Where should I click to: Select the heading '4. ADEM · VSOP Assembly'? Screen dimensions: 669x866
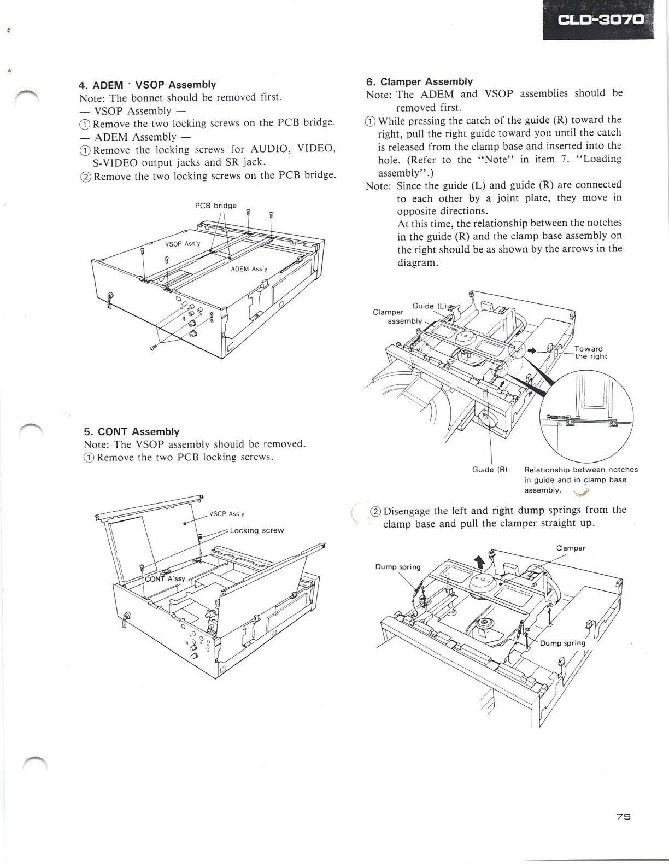[x=148, y=85]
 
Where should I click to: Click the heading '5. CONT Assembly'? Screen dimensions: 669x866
[x=132, y=431]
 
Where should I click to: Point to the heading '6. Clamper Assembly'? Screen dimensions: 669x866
[x=419, y=81]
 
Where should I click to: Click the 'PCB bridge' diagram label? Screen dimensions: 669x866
[x=215, y=206]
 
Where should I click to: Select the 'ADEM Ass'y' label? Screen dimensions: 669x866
[x=249, y=269]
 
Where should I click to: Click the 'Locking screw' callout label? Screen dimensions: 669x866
[x=257, y=530]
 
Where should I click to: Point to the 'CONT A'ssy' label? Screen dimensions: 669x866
[x=165, y=578]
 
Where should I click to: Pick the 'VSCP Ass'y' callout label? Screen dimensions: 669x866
[x=227, y=514]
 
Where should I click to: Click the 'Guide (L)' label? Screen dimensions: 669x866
[x=429, y=306]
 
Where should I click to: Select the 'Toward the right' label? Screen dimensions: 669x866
[x=590, y=353]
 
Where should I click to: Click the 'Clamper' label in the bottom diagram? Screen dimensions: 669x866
[x=571, y=548]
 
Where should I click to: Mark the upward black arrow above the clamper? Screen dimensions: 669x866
[x=480, y=563]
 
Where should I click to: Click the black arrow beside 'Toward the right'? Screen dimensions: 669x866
[x=531, y=350]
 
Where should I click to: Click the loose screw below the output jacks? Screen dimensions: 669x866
[x=152, y=348]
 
